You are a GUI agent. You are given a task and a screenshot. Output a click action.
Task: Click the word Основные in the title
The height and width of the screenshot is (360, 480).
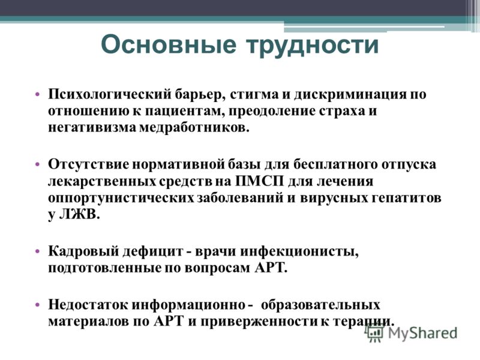click(169, 44)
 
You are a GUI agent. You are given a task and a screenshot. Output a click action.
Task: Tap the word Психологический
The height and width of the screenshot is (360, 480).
click(109, 94)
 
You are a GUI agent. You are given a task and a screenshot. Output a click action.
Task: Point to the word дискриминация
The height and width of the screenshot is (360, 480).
click(350, 95)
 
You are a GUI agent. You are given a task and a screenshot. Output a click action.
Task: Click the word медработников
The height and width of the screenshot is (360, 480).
click(194, 128)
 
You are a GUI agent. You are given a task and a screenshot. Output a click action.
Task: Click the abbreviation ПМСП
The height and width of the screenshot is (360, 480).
click(260, 181)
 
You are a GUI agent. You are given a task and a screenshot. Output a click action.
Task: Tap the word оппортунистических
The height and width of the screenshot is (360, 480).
click(121, 198)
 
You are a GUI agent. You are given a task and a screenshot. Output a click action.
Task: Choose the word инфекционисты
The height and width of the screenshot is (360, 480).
click(299, 251)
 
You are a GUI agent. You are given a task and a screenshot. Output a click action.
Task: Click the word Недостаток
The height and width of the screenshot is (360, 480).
click(88, 305)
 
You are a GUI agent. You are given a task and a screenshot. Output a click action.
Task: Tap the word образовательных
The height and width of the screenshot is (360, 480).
click(320, 305)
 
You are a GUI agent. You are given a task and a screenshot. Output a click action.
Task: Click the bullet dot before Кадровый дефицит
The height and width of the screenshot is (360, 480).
click(38, 251)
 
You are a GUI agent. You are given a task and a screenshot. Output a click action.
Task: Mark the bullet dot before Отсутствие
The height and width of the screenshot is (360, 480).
click(38, 164)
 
